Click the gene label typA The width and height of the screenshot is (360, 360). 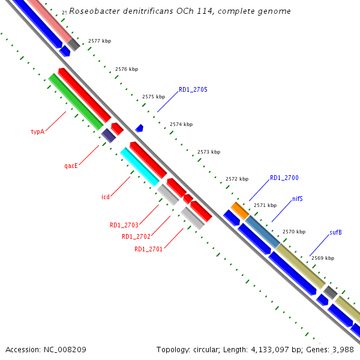tap(38, 131)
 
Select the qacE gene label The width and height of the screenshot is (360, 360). tap(71, 166)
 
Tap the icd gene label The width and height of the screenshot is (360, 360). tap(105, 196)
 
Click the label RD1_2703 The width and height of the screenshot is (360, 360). tap(124, 226)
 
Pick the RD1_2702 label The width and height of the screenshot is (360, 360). tap(136, 236)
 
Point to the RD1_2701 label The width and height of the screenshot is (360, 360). tap(148, 249)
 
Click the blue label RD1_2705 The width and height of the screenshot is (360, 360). tap(193, 90)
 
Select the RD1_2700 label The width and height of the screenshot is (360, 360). tap(284, 178)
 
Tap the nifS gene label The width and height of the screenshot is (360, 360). tap(298, 199)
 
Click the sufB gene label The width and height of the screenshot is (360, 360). tap(335, 232)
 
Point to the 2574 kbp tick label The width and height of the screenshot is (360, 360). tap(181, 124)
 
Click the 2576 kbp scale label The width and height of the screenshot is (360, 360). tap(127, 69)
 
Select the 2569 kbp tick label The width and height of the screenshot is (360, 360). tap(323, 258)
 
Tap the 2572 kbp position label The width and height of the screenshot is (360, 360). tap(237, 179)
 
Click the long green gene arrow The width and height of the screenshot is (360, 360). tap(76, 101)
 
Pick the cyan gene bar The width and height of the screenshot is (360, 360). tap(140, 167)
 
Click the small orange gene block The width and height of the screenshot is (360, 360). tap(240, 210)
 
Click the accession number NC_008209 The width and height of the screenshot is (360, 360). tap(64, 349)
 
